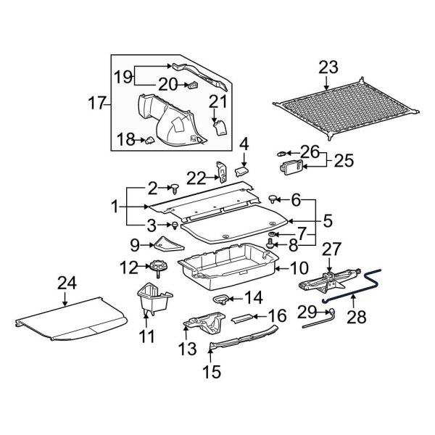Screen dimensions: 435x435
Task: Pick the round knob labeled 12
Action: [x=158, y=268]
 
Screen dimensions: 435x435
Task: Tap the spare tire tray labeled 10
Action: [x=228, y=265]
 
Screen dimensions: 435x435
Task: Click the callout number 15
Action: [x=212, y=373]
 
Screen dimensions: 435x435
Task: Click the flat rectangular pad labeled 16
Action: [x=244, y=317]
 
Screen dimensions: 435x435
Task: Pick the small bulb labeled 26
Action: [x=281, y=153]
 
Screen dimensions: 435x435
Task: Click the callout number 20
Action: [x=167, y=84]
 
